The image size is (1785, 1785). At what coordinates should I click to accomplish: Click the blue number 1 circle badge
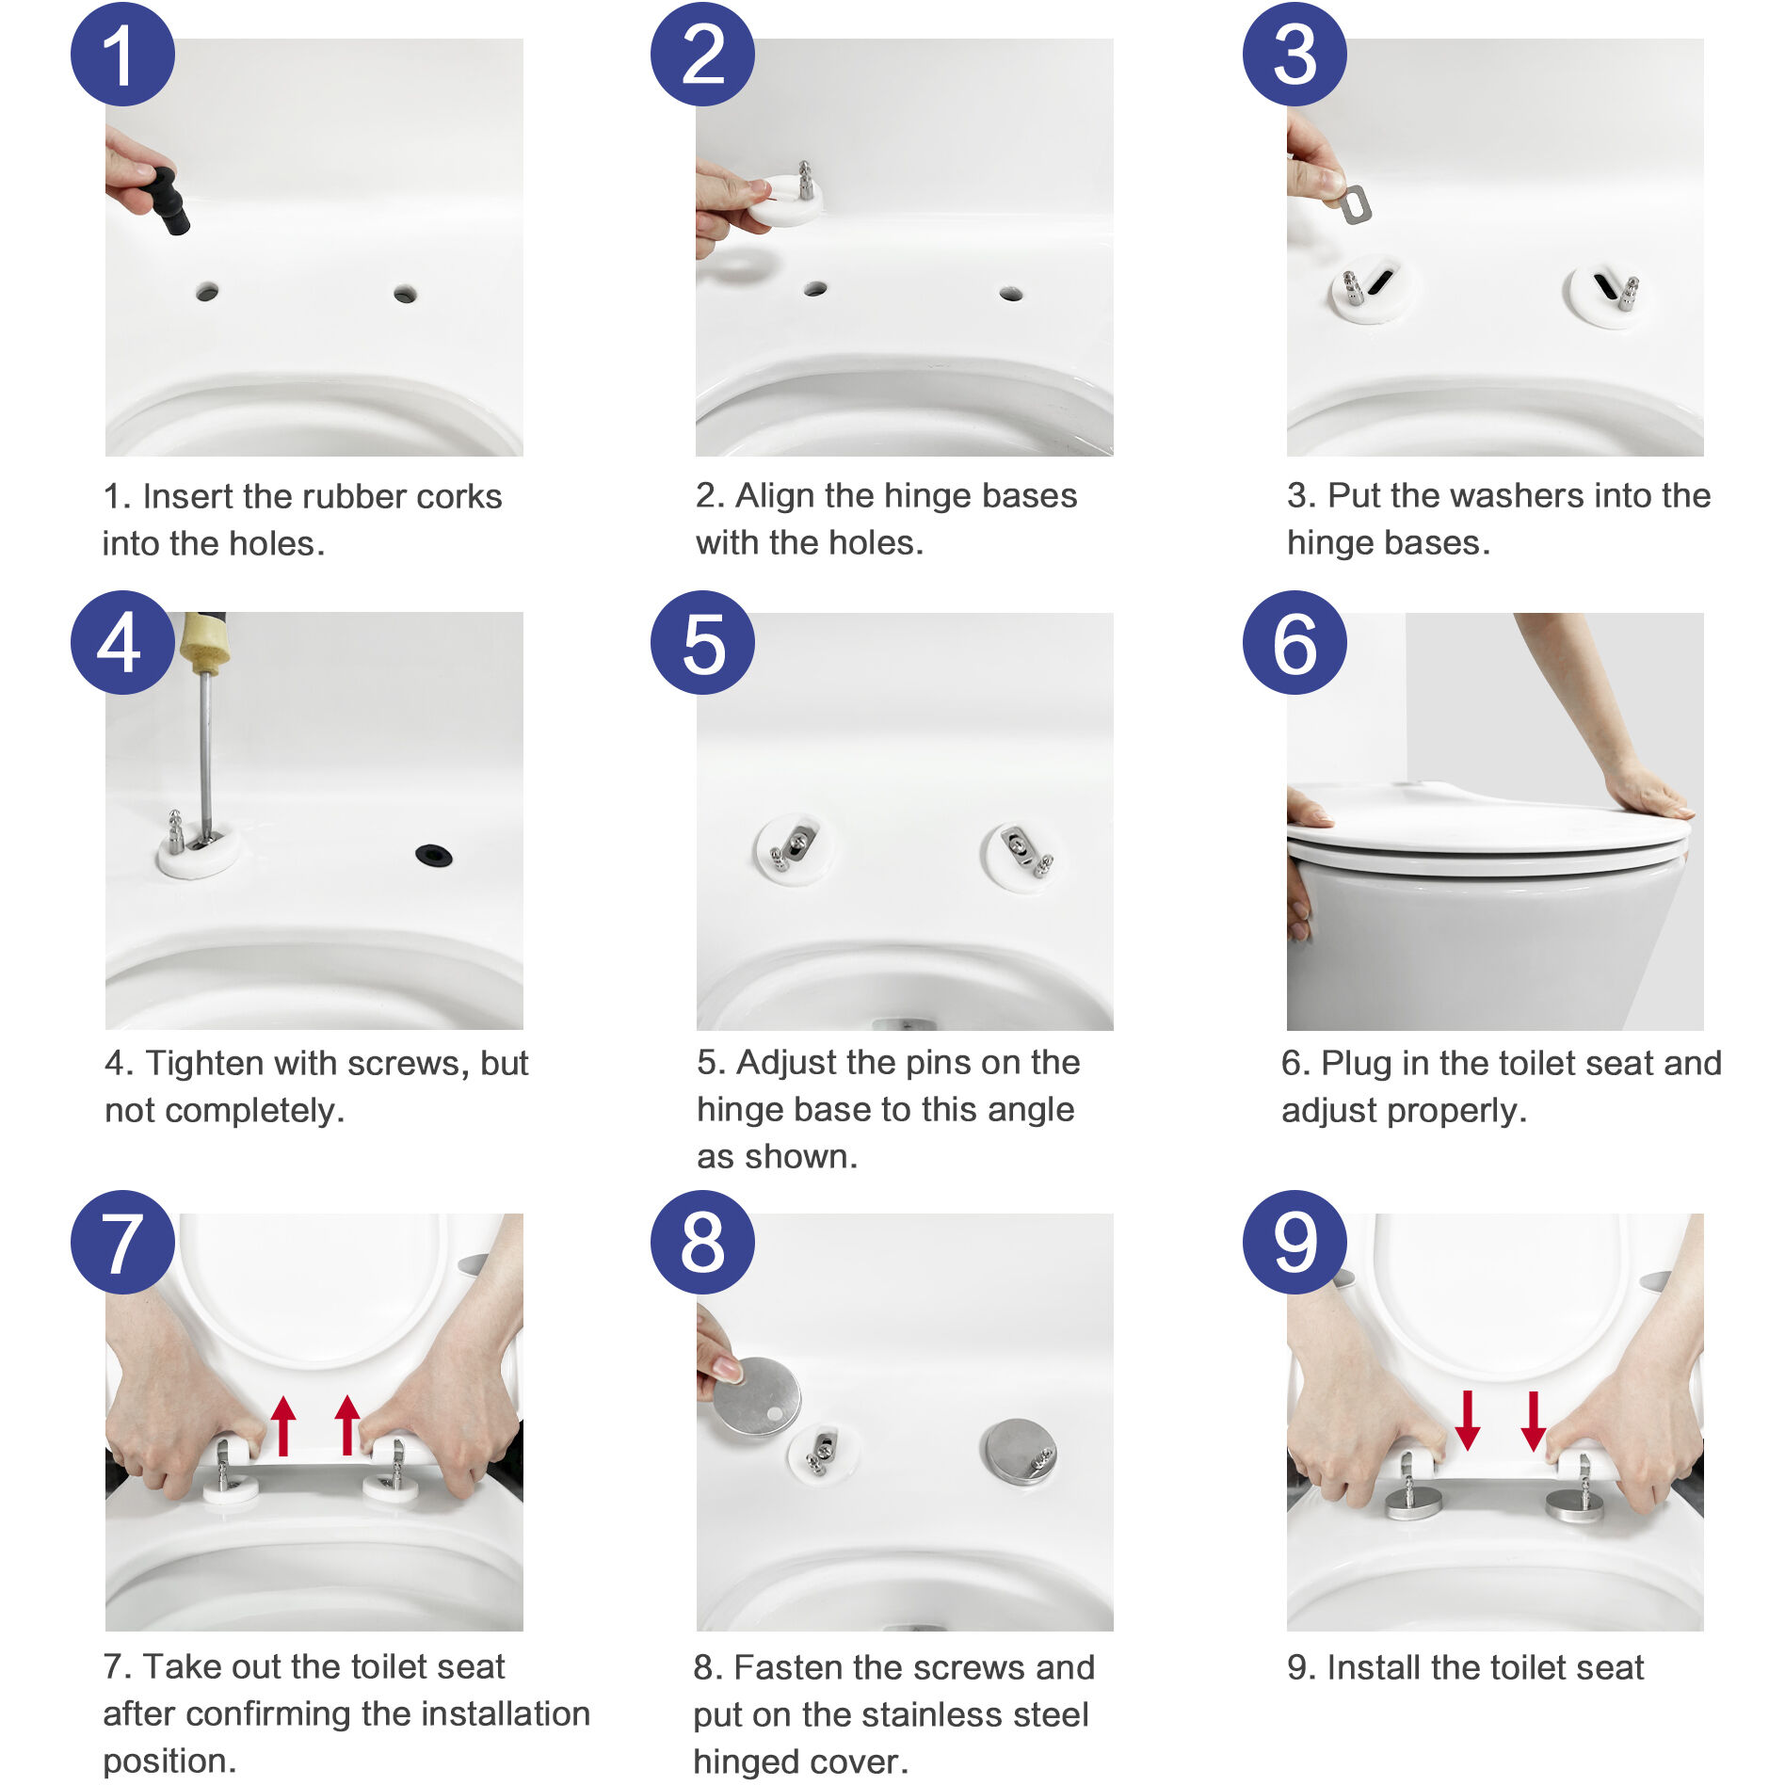[122, 55]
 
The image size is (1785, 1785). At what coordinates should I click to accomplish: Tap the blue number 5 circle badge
[702, 643]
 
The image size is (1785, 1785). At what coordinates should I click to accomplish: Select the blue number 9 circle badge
[1295, 1242]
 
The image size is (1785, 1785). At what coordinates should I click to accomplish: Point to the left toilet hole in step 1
[207, 292]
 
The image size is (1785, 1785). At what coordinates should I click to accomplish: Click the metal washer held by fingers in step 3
[1355, 204]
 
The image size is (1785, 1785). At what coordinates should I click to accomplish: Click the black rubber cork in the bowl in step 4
[433, 855]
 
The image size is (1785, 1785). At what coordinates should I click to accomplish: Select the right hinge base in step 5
[1021, 855]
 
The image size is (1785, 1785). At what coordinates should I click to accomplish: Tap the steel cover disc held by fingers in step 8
[756, 1396]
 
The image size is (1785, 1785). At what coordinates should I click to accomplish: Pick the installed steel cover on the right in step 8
[1019, 1451]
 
